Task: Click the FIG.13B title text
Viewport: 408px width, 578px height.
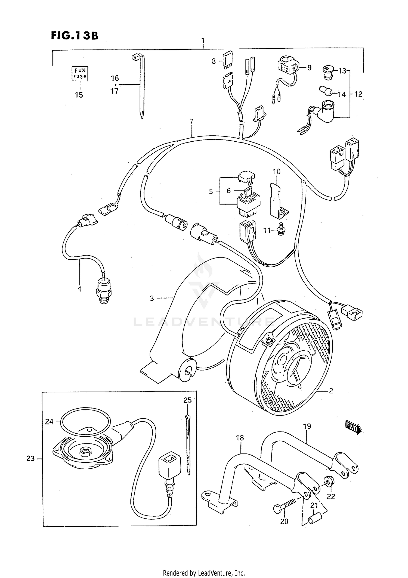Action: click(x=74, y=36)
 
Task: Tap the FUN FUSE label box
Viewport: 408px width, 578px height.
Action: click(x=80, y=73)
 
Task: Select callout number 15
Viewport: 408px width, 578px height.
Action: click(x=79, y=95)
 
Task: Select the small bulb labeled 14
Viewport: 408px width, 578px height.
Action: click(x=325, y=91)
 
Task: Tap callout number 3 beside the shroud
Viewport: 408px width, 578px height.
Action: click(x=152, y=298)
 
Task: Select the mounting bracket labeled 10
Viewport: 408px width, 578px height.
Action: click(x=277, y=200)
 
